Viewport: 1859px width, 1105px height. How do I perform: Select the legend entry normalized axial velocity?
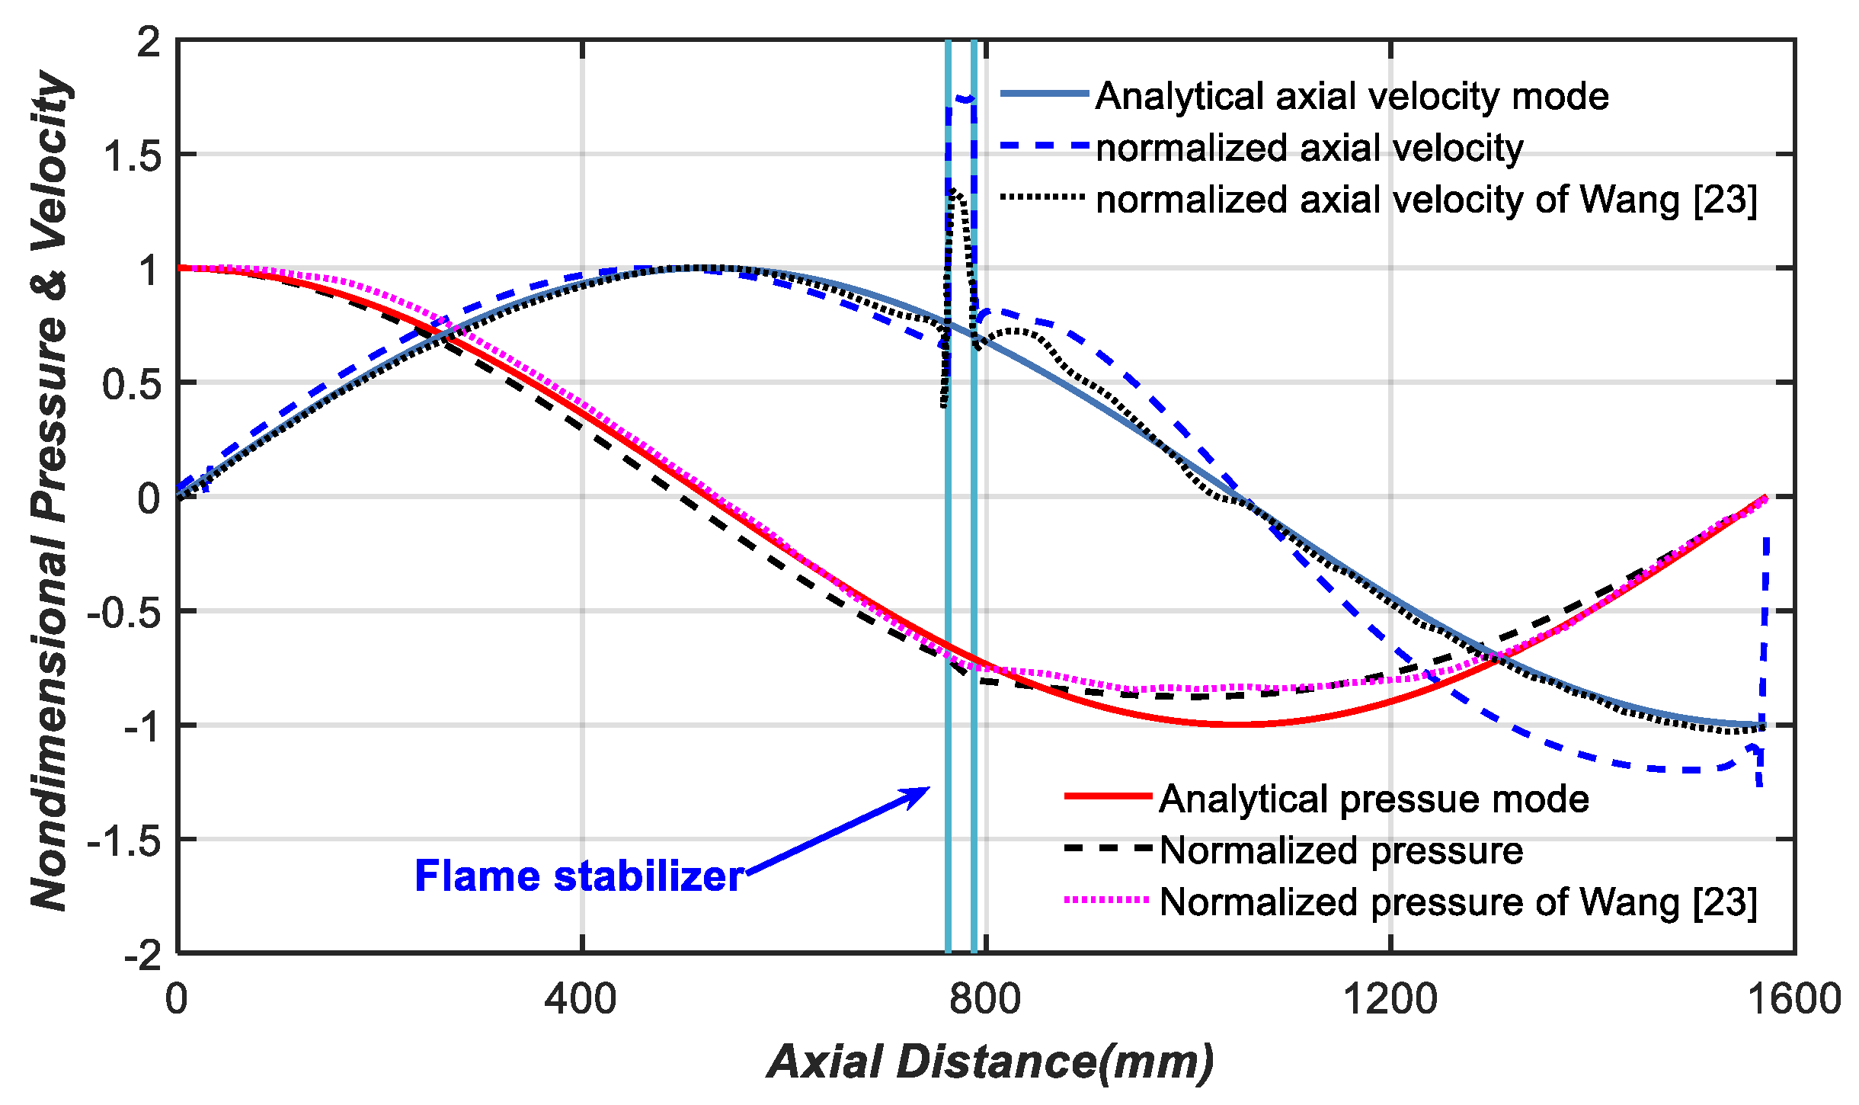[x=1309, y=148]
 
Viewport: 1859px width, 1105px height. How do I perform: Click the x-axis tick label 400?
[x=581, y=999]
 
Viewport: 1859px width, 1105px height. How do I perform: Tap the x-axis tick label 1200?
[x=1390, y=999]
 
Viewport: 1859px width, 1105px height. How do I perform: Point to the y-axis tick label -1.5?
[x=124, y=841]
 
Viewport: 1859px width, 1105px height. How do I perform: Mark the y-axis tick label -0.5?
[x=124, y=613]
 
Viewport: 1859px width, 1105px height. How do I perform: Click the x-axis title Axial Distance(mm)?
[x=990, y=1062]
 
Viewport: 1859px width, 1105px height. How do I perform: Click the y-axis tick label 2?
[x=149, y=42]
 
